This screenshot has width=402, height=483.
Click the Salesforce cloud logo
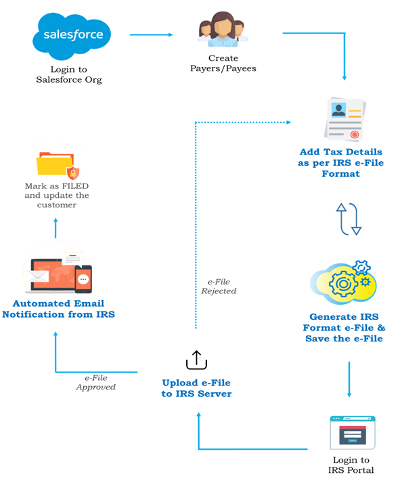click(x=72, y=36)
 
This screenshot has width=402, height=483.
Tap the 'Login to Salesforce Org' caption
click(x=69, y=75)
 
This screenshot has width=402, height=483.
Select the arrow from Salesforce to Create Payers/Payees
click(x=151, y=35)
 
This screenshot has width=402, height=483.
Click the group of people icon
click(x=223, y=30)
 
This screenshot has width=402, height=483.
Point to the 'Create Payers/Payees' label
click(x=223, y=63)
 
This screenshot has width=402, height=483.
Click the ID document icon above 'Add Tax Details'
click(x=344, y=119)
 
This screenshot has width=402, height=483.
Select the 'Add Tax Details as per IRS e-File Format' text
click(x=340, y=163)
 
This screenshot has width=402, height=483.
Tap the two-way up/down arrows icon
click(x=349, y=219)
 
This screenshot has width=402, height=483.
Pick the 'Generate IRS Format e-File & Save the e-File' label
click(x=344, y=327)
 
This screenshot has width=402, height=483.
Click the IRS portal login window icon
click(x=353, y=432)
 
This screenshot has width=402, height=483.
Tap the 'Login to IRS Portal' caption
click(x=351, y=465)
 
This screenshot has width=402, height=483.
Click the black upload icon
click(x=196, y=360)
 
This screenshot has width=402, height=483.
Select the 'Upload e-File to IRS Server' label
click(x=196, y=388)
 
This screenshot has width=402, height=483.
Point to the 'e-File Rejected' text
click(x=219, y=286)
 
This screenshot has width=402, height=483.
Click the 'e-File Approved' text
click(x=96, y=382)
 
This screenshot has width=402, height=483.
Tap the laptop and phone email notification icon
click(x=58, y=272)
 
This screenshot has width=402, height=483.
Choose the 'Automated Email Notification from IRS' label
click(x=58, y=309)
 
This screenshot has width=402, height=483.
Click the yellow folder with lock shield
click(x=58, y=165)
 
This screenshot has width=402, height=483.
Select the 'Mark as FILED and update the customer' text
click(x=57, y=195)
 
